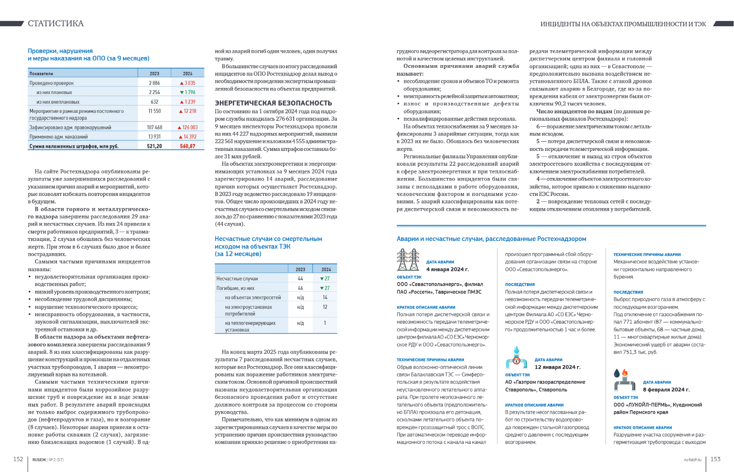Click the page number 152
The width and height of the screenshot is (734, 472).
coord(18,459)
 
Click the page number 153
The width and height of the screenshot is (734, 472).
coord(715,459)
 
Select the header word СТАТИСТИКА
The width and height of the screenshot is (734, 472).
coord(55,24)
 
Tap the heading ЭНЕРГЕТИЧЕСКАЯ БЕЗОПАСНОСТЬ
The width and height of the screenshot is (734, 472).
coord(273,103)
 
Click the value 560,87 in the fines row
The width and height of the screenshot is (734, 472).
coord(187,146)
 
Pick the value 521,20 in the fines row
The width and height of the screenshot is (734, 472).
coord(154,146)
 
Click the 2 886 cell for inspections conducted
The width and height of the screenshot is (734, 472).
coord(154,83)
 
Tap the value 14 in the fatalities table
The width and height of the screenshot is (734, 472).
coord(325,297)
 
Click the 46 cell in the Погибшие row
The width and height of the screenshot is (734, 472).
coord(300,288)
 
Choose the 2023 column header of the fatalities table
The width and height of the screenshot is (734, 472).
coord(300,269)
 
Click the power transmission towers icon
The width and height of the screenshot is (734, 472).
coord(408,260)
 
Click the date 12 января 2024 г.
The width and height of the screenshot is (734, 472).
coord(557,367)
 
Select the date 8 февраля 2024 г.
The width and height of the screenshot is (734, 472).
coord(666,389)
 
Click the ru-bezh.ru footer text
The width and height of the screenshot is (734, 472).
coord(692,460)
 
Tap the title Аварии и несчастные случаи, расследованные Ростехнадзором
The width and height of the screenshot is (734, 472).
coord(491,239)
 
